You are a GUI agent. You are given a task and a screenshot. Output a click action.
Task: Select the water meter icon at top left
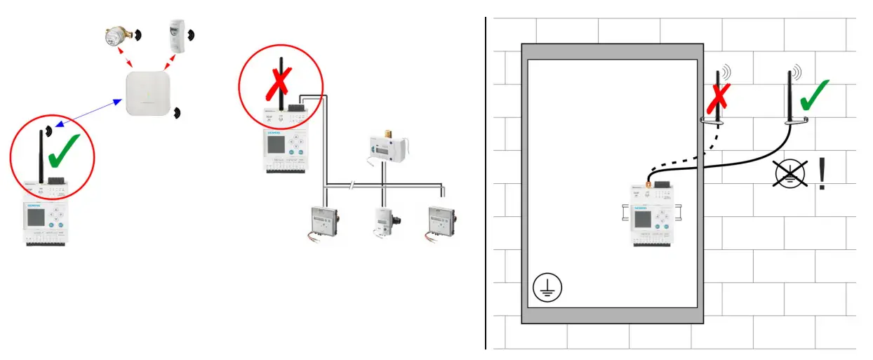point(114,36)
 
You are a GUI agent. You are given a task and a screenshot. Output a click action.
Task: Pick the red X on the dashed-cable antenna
point(717,98)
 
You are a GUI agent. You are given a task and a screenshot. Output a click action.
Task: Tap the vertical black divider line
point(485,182)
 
